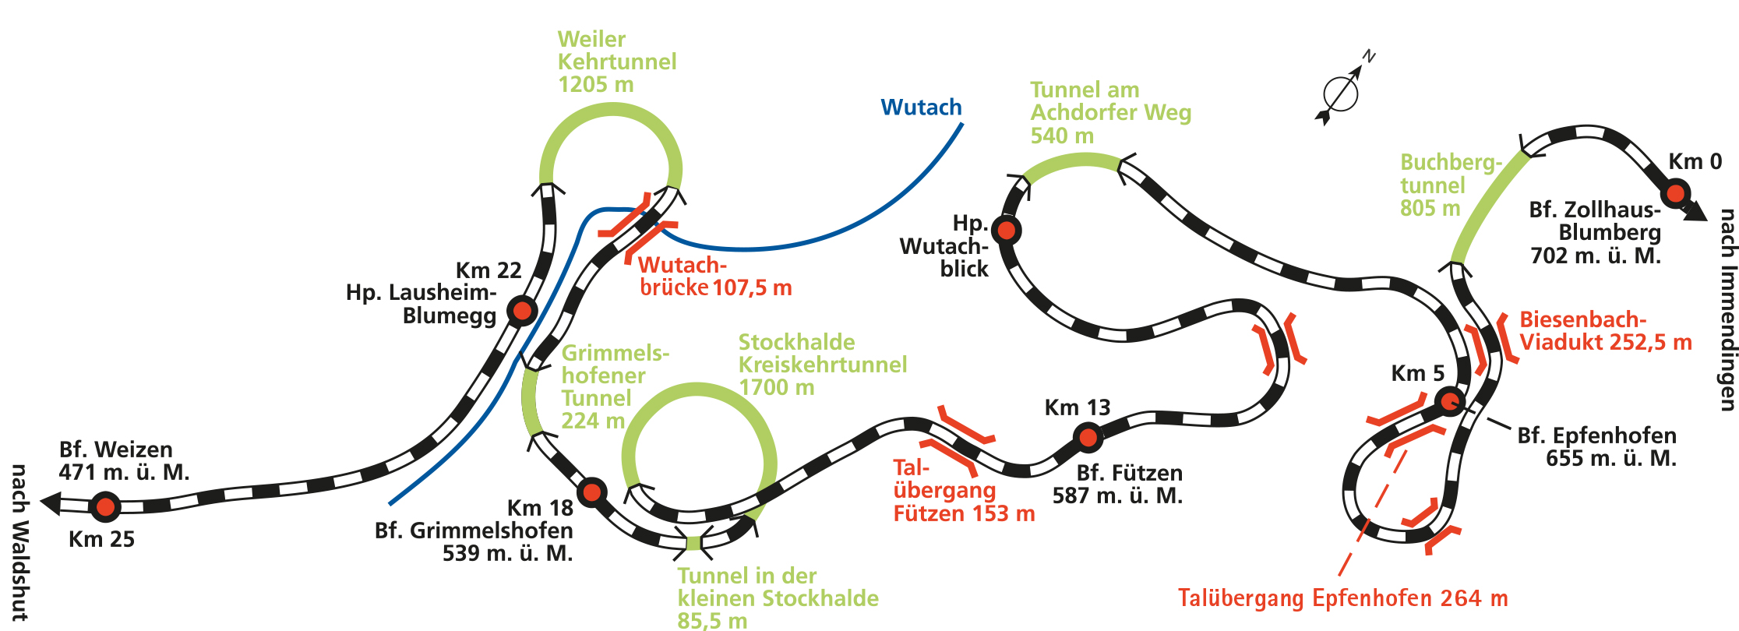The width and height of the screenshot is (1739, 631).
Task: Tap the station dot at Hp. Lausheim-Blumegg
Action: [521, 312]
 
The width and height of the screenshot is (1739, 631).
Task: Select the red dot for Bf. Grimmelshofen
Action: [592, 492]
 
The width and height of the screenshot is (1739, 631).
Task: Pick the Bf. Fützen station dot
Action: [1088, 438]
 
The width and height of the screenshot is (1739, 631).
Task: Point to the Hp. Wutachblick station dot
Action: [1007, 230]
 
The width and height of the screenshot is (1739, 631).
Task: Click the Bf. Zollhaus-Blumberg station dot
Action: [1676, 192]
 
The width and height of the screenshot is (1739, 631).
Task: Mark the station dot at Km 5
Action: [1449, 401]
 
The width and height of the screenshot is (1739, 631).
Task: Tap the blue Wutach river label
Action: [921, 108]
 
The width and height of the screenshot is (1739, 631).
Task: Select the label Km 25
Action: [101, 539]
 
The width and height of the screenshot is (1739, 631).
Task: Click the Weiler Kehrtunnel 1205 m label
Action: [616, 62]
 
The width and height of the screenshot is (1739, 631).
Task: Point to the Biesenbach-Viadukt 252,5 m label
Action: [1605, 331]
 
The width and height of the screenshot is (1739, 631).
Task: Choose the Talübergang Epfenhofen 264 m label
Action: [1342, 598]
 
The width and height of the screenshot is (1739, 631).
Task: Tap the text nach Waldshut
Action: [19, 542]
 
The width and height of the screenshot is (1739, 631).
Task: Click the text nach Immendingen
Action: [1727, 309]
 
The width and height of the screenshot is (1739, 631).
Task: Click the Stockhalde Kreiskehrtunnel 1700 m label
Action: [822, 365]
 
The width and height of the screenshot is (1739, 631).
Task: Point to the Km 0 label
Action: [1695, 162]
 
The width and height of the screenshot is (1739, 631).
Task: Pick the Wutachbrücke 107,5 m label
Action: [714, 277]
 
